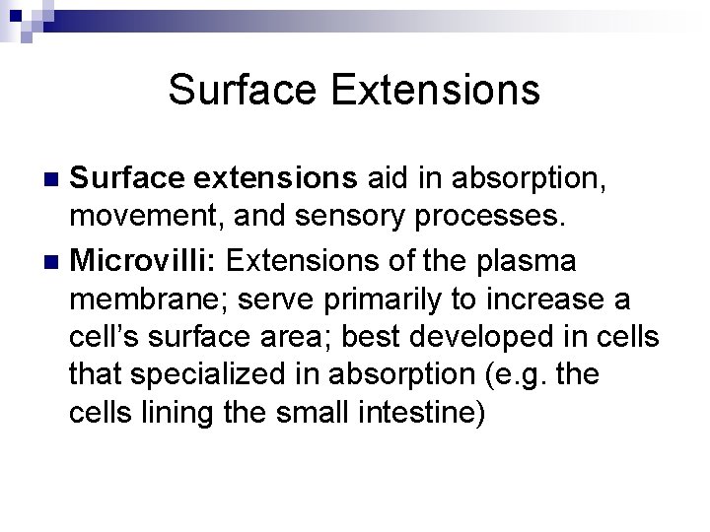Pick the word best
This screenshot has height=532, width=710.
411,338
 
